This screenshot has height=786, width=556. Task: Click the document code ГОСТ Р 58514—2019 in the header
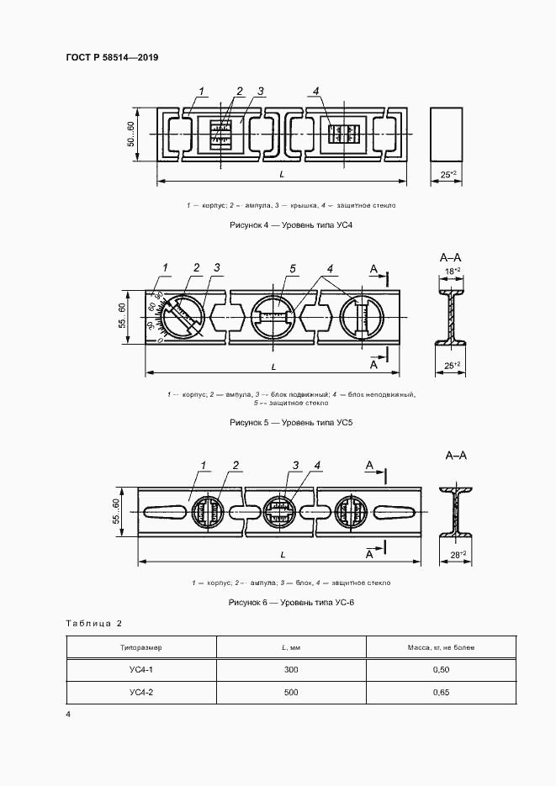point(112,57)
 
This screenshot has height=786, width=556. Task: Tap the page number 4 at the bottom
point(68,714)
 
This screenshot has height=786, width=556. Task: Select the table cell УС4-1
point(141,669)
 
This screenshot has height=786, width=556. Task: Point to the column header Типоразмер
point(141,647)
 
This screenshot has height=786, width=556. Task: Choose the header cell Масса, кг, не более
point(440,647)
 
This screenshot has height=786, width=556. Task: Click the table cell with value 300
point(291,669)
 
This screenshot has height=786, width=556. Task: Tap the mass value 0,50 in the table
point(440,669)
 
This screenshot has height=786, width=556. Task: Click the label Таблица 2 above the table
point(94,623)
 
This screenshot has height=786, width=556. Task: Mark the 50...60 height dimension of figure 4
point(131,135)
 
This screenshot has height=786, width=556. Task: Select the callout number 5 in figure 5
point(293,268)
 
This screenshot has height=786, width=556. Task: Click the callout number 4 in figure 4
point(315,91)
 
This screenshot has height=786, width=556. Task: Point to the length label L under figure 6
point(283,556)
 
